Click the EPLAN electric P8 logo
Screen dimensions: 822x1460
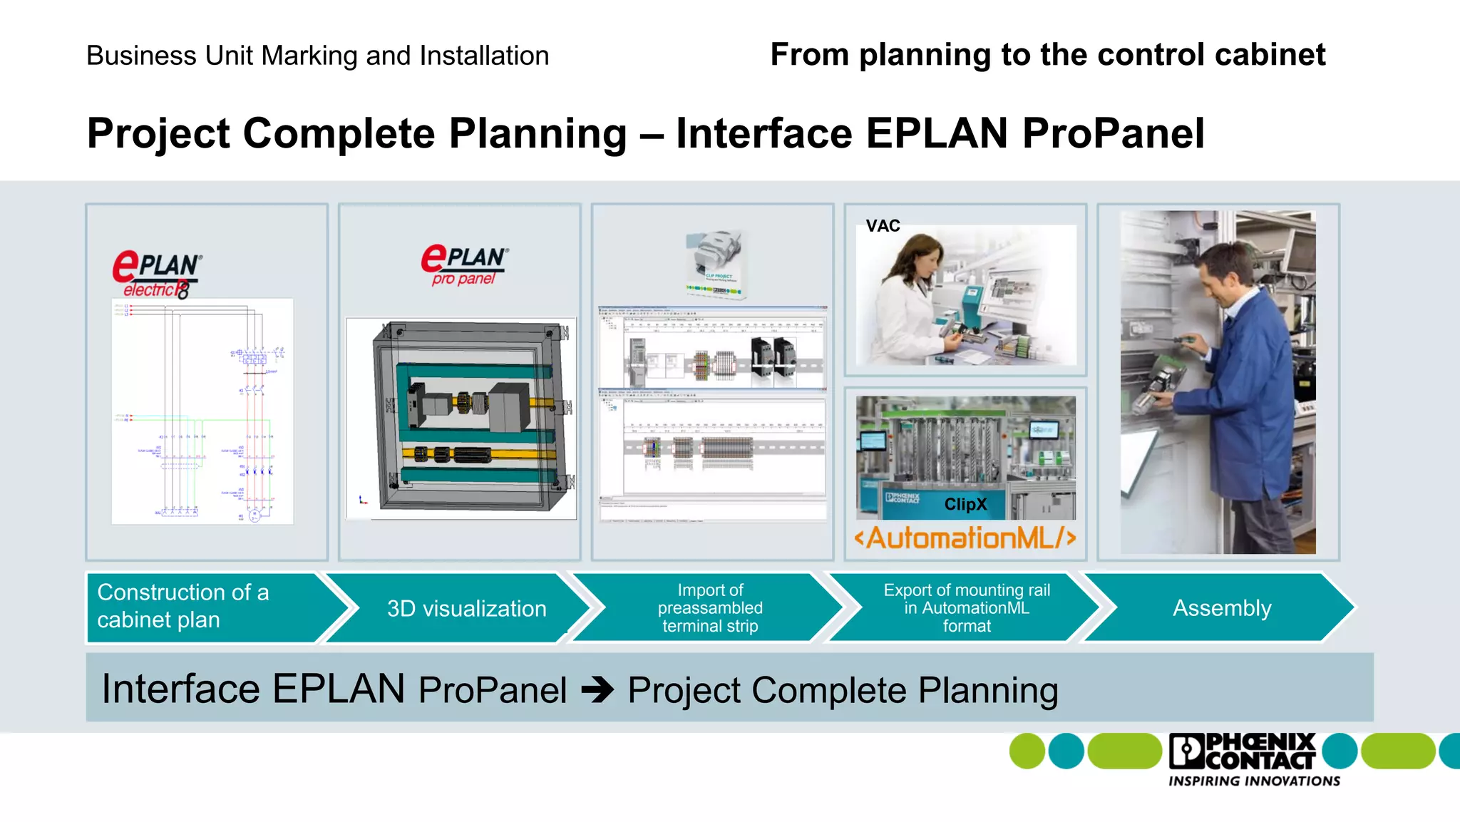[x=157, y=274]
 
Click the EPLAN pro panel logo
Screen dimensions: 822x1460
[x=464, y=264]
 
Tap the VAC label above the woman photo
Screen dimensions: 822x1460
[x=883, y=226]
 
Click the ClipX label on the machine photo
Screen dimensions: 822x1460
[x=965, y=504]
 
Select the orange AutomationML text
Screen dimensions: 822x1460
[x=965, y=538]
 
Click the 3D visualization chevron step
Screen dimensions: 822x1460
[x=466, y=608]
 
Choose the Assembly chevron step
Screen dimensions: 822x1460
[x=1221, y=608]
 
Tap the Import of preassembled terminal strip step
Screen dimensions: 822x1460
[x=709, y=608]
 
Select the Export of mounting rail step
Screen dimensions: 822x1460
[x=966, y=608]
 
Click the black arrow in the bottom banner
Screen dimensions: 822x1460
[x=597, y=690]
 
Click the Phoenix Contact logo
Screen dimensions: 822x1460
[x=1242, y=751]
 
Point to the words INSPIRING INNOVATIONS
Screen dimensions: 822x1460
[x=1254, y=781]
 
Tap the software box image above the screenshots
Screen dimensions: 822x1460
[x=716, y=263]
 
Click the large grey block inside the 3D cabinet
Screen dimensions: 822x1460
[x=508, y=408]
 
